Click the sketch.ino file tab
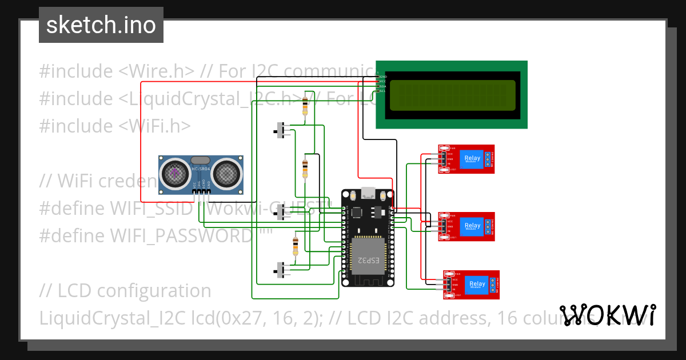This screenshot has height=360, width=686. [x=101, y=25]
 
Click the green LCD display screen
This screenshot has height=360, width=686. [x=452, y=95]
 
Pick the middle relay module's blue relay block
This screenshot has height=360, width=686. [x=472, y=226]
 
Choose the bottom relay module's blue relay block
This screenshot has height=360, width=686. [x=477, y=284]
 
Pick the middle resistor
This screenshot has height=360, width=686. [x=305, y=168]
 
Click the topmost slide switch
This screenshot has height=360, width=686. [x=280, y=129]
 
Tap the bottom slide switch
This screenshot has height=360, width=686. [x=280, y=270]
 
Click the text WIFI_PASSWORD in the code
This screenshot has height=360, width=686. [x=182, y=235]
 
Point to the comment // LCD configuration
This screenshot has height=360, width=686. [x=125, y=290]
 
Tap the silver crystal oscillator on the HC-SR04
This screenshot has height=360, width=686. [x=200, y=161]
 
